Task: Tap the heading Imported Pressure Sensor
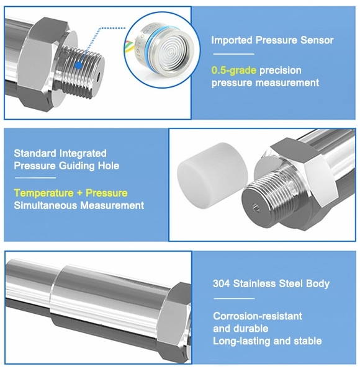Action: [x=272, y=40]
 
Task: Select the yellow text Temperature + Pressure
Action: [x=71, y=193]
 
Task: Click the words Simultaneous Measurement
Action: [x=79, y=205]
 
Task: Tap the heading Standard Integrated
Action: [x=60, y=153]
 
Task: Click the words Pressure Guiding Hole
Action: [x=66, y=166]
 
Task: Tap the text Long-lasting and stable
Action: [x=268, y=341]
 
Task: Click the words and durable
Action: [x=241, y=329]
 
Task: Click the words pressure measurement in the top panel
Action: [x=265, y=82]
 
